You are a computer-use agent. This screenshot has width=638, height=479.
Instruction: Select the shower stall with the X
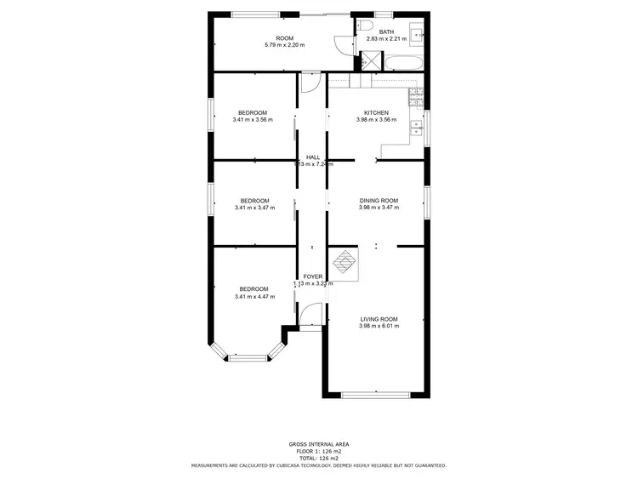[371, 61]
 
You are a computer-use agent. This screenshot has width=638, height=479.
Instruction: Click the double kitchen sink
[416, 128]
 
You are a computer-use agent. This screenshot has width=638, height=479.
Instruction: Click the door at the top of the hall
[310, 83]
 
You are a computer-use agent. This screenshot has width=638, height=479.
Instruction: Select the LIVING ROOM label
[378, 319]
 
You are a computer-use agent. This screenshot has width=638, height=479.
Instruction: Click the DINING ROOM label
[379, 201]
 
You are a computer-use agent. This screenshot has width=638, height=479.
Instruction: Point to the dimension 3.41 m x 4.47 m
[253, 296]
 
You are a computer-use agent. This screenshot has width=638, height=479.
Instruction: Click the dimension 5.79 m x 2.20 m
[284, 44]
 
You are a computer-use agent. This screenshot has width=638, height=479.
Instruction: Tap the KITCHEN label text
[377, 112]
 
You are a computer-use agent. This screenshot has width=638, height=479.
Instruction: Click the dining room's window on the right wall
[427, 202]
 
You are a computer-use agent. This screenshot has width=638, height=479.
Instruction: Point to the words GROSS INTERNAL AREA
[319, 444]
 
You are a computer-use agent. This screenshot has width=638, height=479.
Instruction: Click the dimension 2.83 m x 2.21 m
[387, 38]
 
